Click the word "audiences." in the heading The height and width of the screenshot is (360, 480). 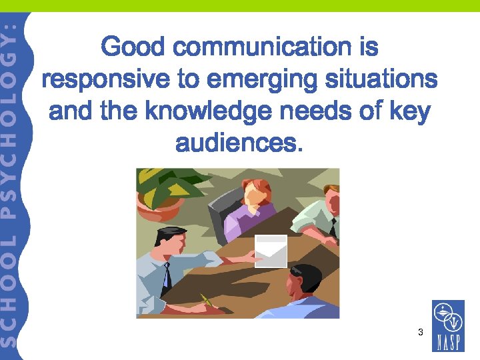(239, 142)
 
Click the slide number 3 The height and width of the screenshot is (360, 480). (420, 331)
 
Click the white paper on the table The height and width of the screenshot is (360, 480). (271, 251)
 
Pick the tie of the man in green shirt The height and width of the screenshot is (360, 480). (331, 227)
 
